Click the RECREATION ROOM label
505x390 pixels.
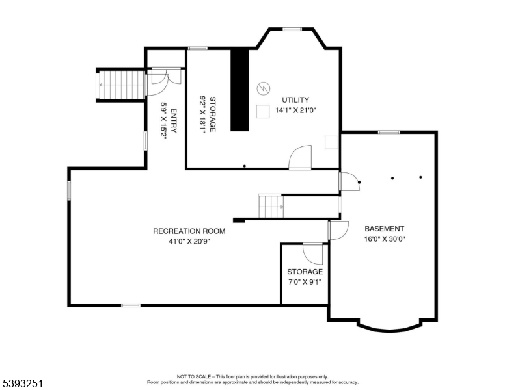point(189,231)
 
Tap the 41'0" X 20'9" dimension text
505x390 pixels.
point(189,241)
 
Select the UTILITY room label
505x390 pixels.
point(295,100)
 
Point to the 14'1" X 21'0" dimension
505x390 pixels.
point(295,110)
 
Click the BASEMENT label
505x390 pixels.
point(384,229)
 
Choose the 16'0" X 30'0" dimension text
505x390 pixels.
point(384,239)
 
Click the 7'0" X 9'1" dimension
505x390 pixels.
point(305,282)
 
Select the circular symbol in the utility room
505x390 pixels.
point(263,88)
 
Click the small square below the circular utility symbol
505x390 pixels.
point(262,111)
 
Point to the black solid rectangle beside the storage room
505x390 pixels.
point(240,89)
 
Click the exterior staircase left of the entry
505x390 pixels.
point(120,84)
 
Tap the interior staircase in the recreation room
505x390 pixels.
point(271,206)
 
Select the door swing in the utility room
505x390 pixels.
point(301,157)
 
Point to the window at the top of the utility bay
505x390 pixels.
point(292,29)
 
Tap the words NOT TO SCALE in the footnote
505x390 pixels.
point(194,376)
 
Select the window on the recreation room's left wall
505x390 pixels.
point(68,190)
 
